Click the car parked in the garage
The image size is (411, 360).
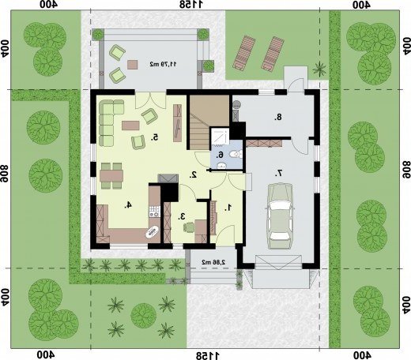point(280,216)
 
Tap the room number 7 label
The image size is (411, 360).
point(279,174)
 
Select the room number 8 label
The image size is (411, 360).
point(278,117)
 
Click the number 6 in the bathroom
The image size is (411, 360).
point(220,155)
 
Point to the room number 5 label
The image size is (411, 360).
point(154,137)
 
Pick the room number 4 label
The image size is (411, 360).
point(128,204)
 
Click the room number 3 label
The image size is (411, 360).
point(182,216)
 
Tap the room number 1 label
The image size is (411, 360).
point(228,208)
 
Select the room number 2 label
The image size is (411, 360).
point(194,174)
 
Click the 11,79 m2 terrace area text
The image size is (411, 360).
point(164,64)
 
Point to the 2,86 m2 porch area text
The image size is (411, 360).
point(213,262)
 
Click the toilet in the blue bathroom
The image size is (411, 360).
point(236,154)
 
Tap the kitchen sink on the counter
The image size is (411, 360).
point(153,231)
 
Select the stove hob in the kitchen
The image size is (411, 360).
point(154,212)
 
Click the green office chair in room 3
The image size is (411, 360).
point(189,227)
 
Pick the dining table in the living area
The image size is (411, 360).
point(111,176)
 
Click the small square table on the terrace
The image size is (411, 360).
point(133,65)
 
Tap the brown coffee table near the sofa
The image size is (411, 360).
point(130,126)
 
